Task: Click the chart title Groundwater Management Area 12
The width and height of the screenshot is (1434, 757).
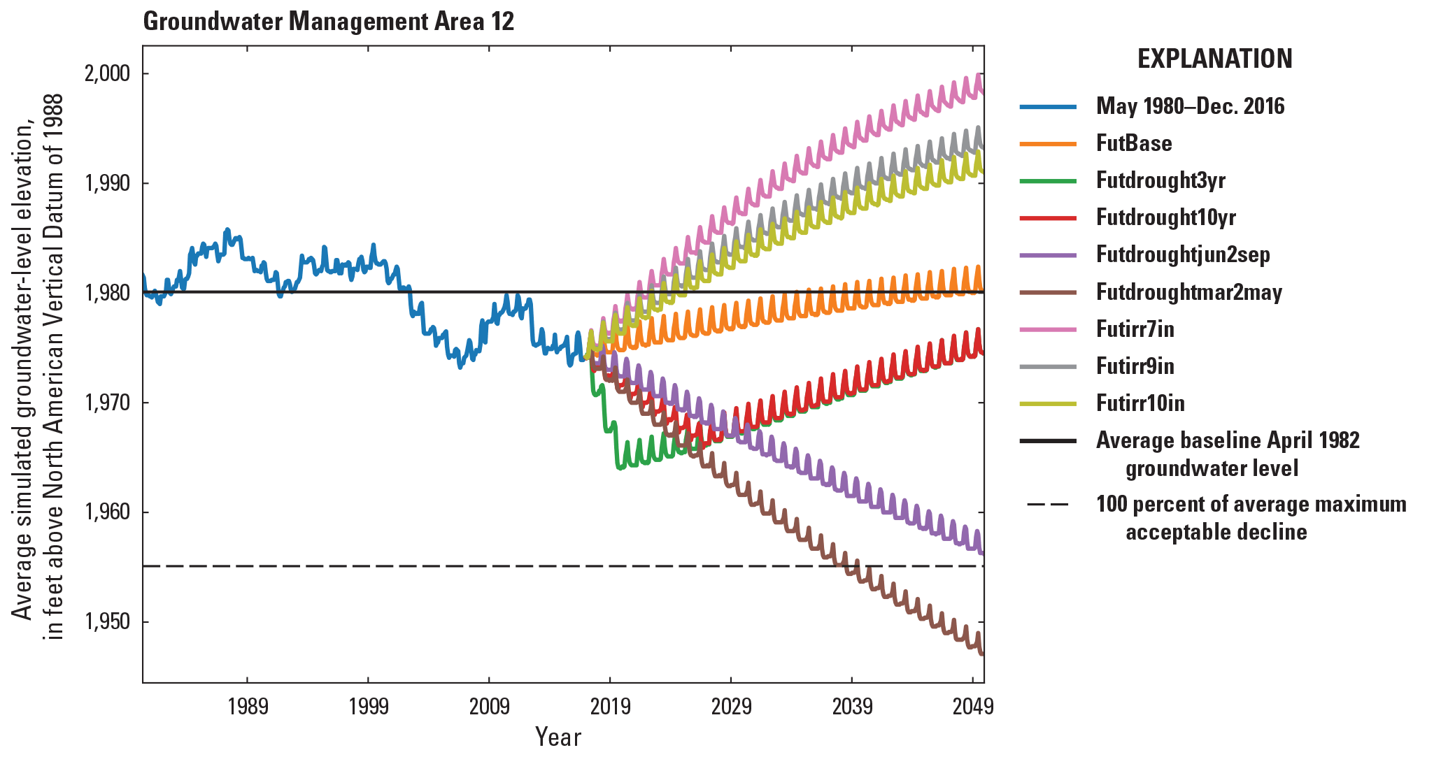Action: (x=328, y=22)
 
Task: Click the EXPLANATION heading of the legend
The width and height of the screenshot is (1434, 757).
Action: (x=1214, y=59)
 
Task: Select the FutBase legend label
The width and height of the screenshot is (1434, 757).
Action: (x=1133, y=143)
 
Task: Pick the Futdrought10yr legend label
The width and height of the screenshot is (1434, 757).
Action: (x=1165, y=217)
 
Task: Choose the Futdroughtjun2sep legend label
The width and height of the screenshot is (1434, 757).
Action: (x=1183, y=254)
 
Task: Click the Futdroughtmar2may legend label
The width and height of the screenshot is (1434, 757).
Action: (x=1188, y=291)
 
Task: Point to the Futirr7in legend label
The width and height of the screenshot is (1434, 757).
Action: (x=1135, y=329)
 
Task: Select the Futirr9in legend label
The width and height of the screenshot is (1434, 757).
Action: (x=1135, y=366)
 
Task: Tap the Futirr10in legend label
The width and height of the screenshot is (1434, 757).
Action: (x=1140, y=403)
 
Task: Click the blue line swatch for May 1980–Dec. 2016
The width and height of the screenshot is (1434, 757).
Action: (x=1047, y=107)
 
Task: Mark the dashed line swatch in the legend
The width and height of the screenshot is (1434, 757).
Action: (x=1047, y=505)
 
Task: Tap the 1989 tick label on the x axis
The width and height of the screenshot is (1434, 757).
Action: (x=248, y=707)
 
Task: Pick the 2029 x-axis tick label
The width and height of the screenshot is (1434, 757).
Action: (x=731, y=707)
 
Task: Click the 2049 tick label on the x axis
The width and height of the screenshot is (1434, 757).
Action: (x=972, y=707)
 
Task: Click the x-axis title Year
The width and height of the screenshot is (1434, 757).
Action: (x=558, y=737)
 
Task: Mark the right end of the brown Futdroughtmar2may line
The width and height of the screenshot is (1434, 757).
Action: (x=982, y=654)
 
